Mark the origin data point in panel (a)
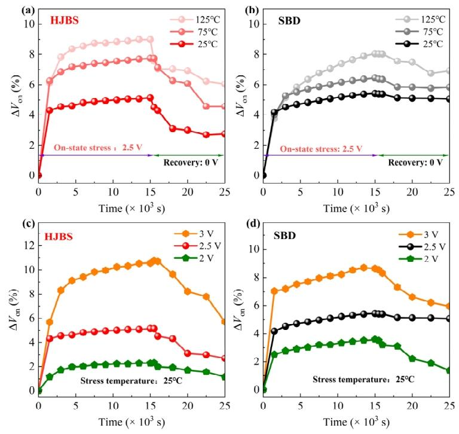pyautogui.click(x=39, y=176)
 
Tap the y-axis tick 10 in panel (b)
pyautogui.click(x=253, y=25)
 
